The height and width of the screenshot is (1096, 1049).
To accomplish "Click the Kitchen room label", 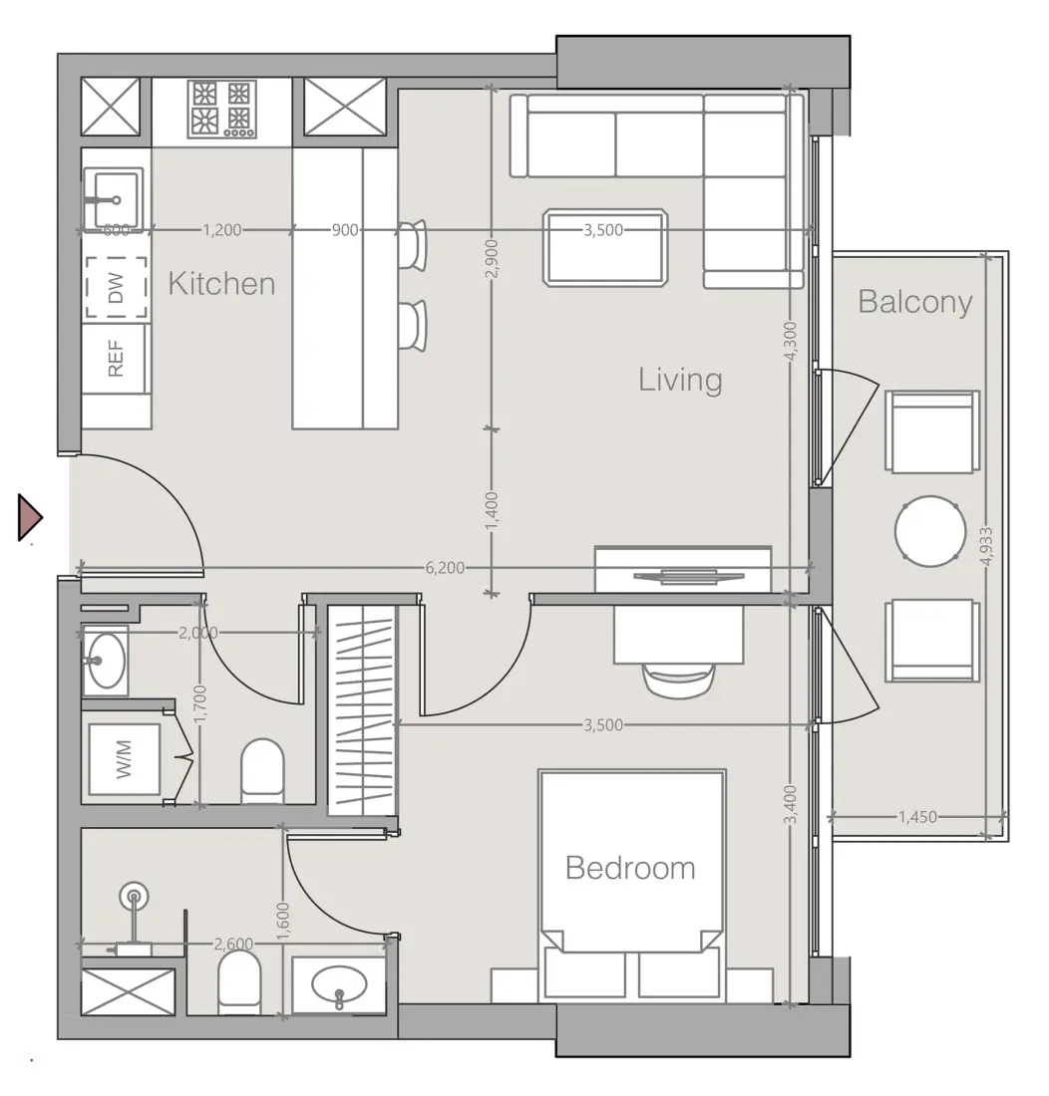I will (x=221, y=284).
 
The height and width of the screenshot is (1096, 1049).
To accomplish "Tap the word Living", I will (x=680, y=380).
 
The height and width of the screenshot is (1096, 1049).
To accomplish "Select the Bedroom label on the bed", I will (x=630, y=868).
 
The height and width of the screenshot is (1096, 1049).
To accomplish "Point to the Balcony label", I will (x=914, y=302).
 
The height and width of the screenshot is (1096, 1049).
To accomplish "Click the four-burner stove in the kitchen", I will (x=222, y=109).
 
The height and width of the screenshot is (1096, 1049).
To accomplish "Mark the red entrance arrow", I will (x=30, y=517).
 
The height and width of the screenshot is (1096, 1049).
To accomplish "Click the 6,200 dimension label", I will (x=445, y=568).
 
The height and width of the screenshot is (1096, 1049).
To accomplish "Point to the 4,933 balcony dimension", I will (x=986, y=546).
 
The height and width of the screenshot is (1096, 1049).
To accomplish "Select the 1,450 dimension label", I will (x=916, y=817).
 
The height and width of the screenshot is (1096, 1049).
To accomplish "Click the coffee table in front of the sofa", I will (x=605, y=246).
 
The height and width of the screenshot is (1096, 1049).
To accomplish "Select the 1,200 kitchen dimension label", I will (x=221, y=230).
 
